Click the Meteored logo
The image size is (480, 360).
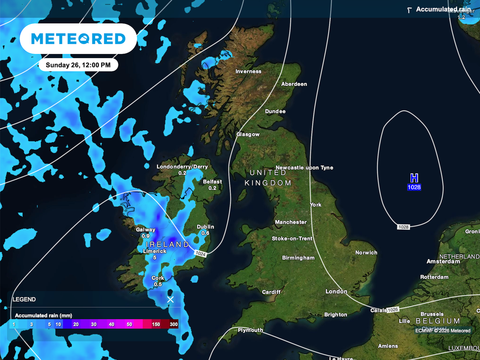pyautogui.click(x=78, y=39)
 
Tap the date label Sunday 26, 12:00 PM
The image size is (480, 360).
pyautogui.click(x=78, y=65)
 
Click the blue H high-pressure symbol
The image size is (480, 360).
pyautogui.click(x=414, y=178)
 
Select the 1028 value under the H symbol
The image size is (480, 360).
pyautogui.click(x=414, y=187)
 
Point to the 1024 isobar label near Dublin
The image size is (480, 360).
pyautogui.click(x=200, y=253)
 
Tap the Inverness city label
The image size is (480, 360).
pyautogui.click(x=248, y=72)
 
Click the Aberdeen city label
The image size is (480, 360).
pyautogui.click(x=294, y=84)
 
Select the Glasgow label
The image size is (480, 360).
pyautogui.click(x=248, y=135)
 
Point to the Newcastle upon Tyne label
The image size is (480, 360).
pyautogui.click(x=305, y=168)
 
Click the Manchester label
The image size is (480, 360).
pyautogui.click(x=291, y=222)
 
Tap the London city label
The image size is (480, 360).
pyautogui.click(x=337, y=292)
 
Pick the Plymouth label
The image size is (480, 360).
pyautogui.click(x=250, y=330)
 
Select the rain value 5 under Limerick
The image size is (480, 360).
pyautogui.click(x=155, y=257)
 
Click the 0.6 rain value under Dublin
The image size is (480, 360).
pyautogui.click(x=205, y=233)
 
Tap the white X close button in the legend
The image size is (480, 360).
pyautogui.click(x=170, y=299)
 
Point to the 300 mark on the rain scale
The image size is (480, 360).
pyautogui.click(x=173, y=324)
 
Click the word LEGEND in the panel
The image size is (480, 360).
pyautogui.click(x=24, y=299)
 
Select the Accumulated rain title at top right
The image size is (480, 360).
pyautogui.click(x=443, y=9)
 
